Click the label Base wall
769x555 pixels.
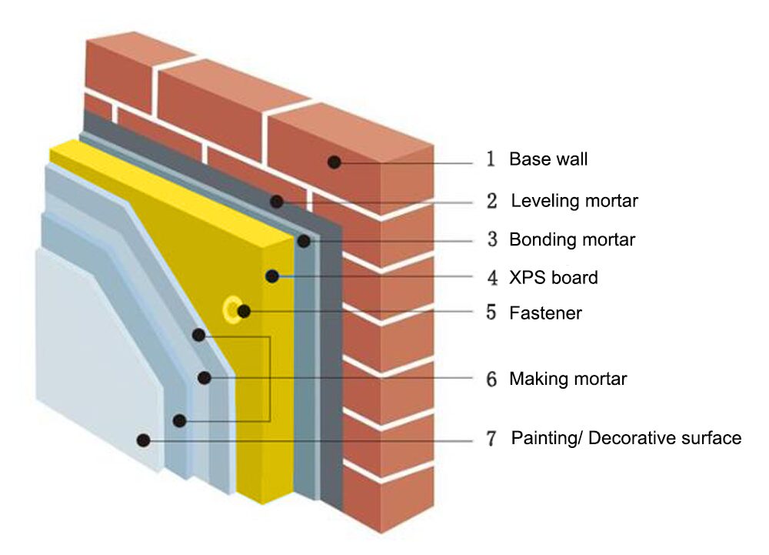tap(548, 159)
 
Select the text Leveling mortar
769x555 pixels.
tap(574, 201)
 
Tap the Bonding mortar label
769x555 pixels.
tap(572, 239)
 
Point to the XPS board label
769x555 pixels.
tap(553, 277)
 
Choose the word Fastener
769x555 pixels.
tap(545, 313)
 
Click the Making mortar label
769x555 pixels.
tap(568, 379)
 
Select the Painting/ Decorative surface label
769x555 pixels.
tap(626, 438)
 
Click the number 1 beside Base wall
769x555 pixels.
tap(491, 160)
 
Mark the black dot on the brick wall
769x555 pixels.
tap(334, 162)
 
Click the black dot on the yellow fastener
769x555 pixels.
tap(244, 311)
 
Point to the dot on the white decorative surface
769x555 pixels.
tap(142, 440)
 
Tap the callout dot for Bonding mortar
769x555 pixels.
tap(304, 241)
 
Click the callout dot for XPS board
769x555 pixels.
tap(271, 276)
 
